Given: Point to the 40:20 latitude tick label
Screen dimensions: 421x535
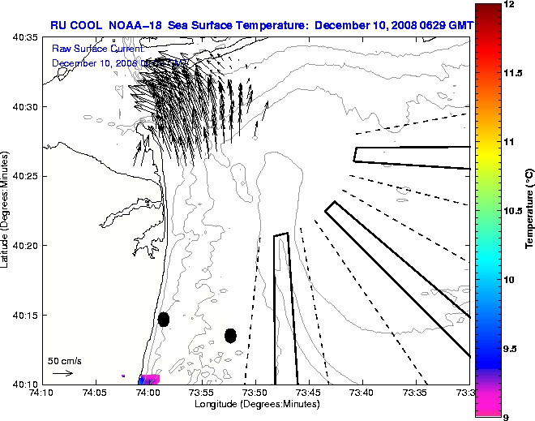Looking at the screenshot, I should [x=25, y=245].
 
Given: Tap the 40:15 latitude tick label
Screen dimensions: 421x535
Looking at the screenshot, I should [x=25, y=315].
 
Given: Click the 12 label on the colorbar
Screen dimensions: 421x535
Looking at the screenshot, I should [x=510, y=5].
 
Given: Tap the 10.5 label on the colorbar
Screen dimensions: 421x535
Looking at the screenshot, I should [x=514, y=210].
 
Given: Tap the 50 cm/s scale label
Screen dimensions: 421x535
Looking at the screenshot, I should [x=64, y=360].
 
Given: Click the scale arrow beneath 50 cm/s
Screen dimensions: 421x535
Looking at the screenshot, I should [x=62, y=373].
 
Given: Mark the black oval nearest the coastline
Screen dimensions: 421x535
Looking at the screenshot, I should [x=164, y=319].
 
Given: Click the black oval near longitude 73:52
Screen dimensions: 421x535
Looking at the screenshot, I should [x=230, y=335].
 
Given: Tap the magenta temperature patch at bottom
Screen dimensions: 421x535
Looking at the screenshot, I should [x=151, y=379].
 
